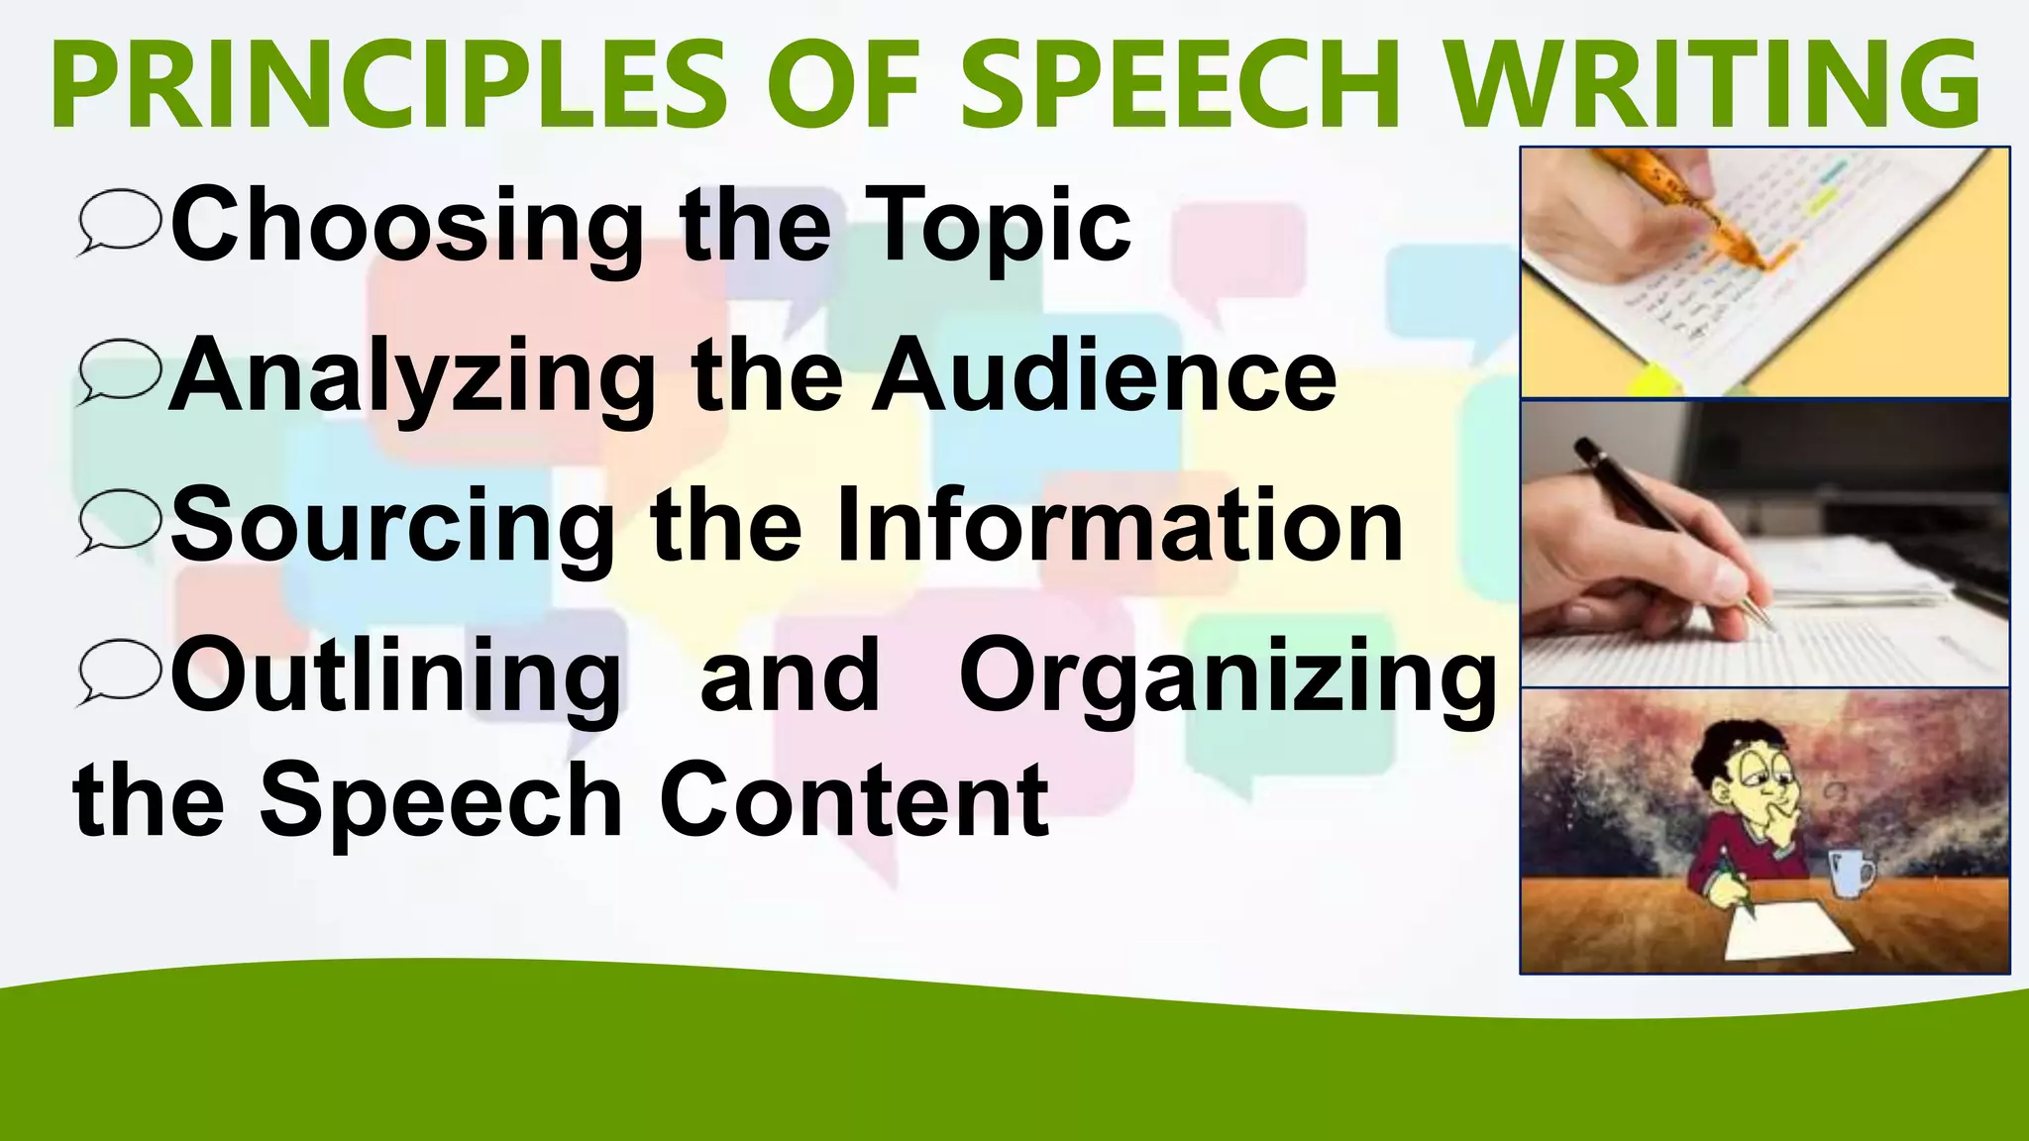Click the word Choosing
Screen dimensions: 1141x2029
coord(406,226)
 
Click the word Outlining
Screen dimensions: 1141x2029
coord(396,675)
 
